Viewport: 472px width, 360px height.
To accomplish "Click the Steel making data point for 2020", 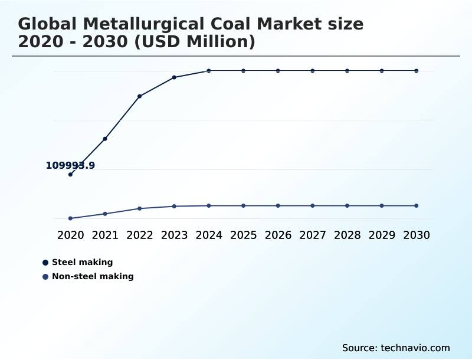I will [x=70, y=174].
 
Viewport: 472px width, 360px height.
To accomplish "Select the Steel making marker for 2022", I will [x=139, y=96].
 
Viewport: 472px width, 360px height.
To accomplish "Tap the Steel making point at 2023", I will [x=174, y=77].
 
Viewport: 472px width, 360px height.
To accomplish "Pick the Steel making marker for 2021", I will [x=105, y=139].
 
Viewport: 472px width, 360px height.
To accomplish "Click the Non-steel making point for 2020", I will [x=70, y=218].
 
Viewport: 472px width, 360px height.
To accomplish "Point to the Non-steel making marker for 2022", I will [x=139, y=208].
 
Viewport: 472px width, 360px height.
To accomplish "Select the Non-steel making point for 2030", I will [x=416, y=205].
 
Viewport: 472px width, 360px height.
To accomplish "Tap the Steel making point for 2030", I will [x=416, y=71].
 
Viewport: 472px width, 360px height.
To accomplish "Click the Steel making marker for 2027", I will [x=313, y=71].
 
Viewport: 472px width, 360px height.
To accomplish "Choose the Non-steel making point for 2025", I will [x=243, y=205].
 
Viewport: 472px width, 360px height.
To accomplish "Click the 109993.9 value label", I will [x=70, y=166].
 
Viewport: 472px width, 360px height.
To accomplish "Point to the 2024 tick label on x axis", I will [x=209, y=235].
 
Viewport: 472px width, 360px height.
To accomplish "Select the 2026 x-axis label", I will [x=278, y=235].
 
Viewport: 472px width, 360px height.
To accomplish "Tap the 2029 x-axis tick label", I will [x=382, y=235].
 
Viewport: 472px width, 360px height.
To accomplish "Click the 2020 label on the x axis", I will [x=70, y=235].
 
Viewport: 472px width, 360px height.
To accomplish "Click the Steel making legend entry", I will [x=82, y=262].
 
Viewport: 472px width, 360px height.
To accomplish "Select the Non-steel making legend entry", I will [x=93, y=276].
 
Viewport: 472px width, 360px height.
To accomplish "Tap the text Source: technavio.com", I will [x=396, y=348].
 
